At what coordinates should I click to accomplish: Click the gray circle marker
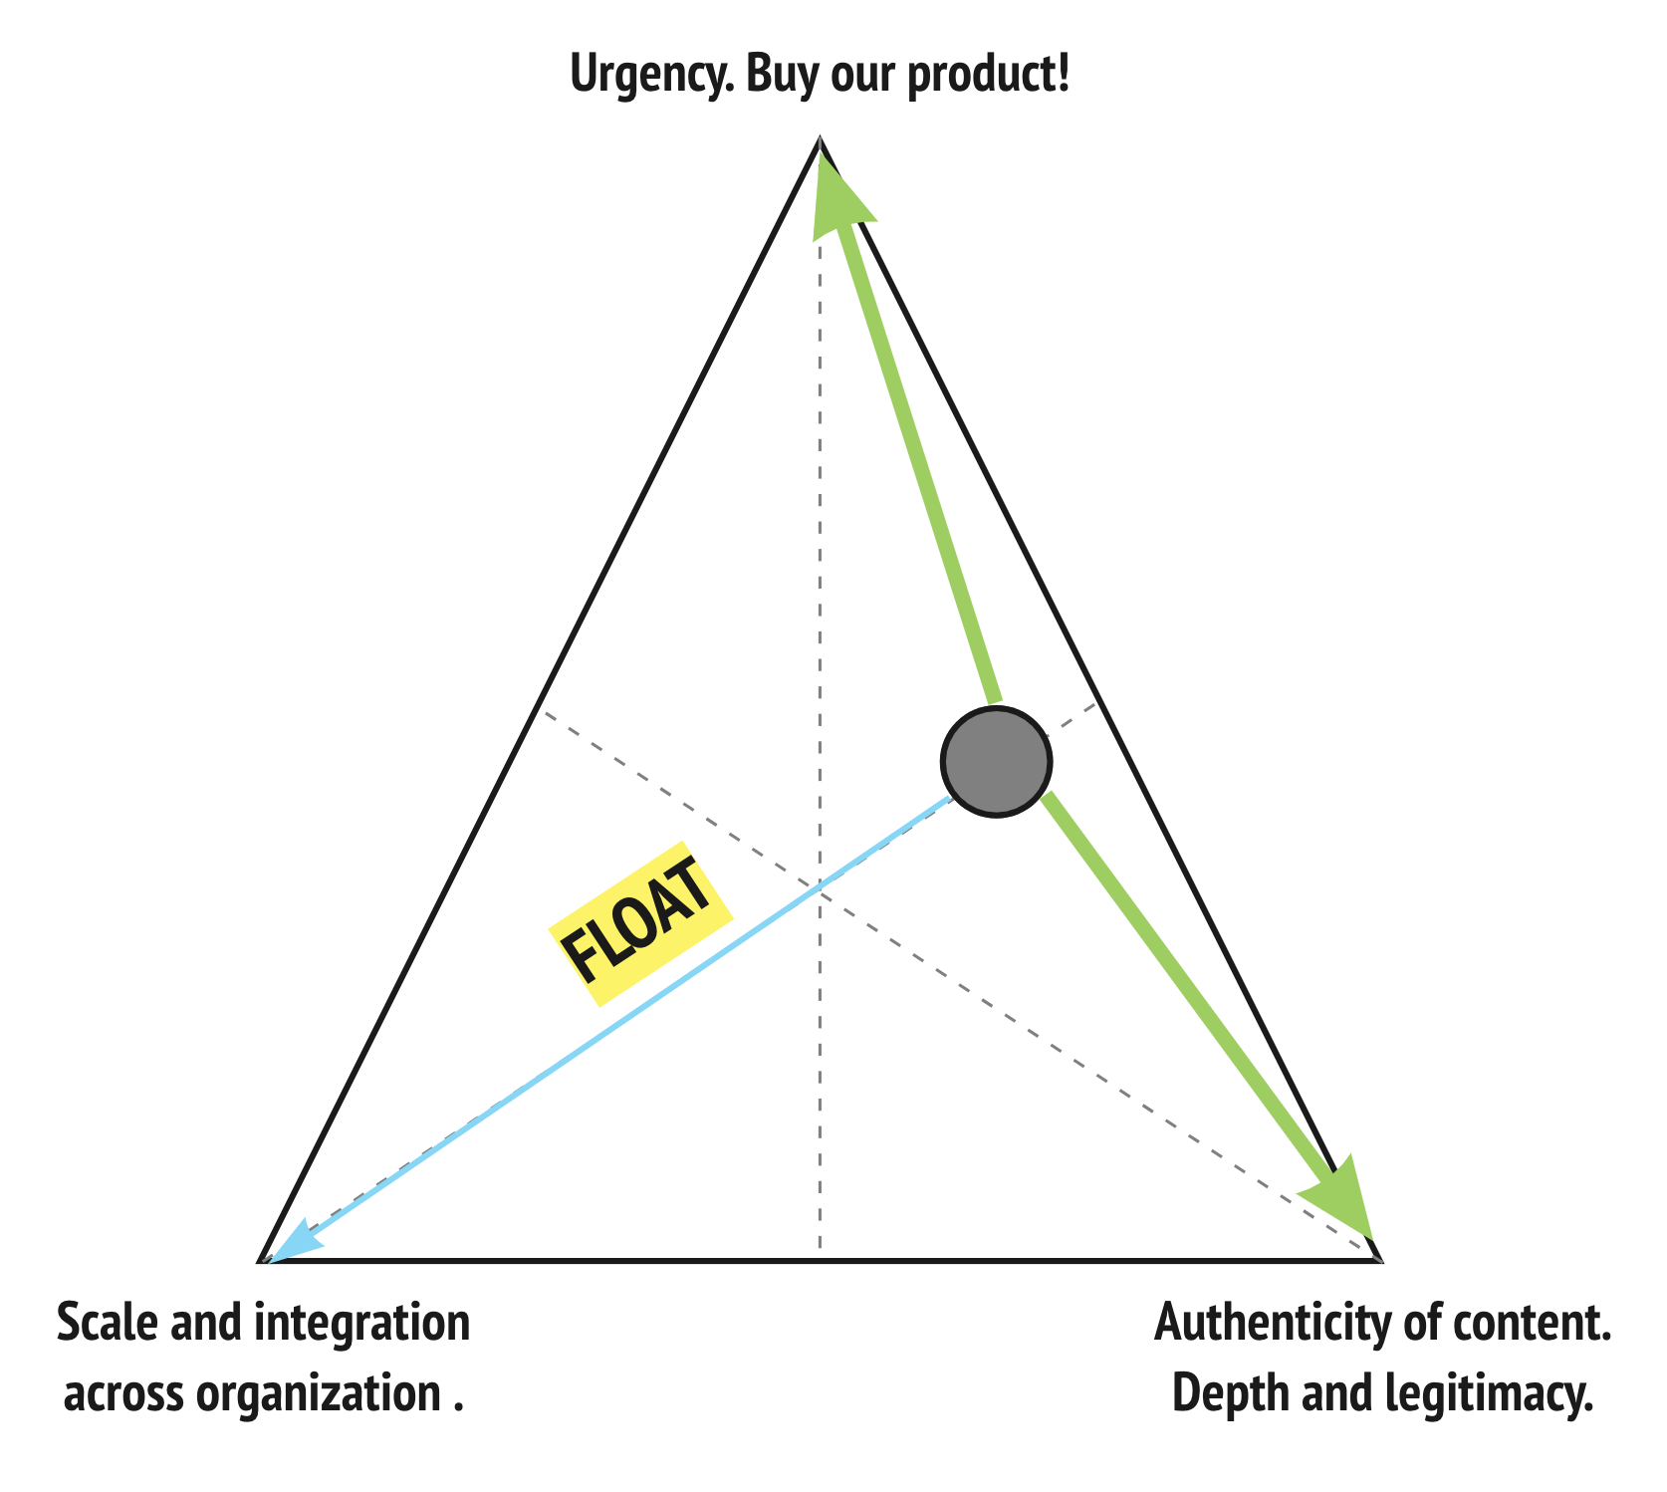pyautogui.click(x=996, y=762)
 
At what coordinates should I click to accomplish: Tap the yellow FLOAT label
pyautogui.click(x=641, y=921)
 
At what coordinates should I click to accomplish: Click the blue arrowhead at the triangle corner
pyautogui.click(x=295, y=1247)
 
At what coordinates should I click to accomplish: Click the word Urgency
pyautogui.click(x=651, y=76)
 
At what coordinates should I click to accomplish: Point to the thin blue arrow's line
pyautogui.click(x=617, y=1021)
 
